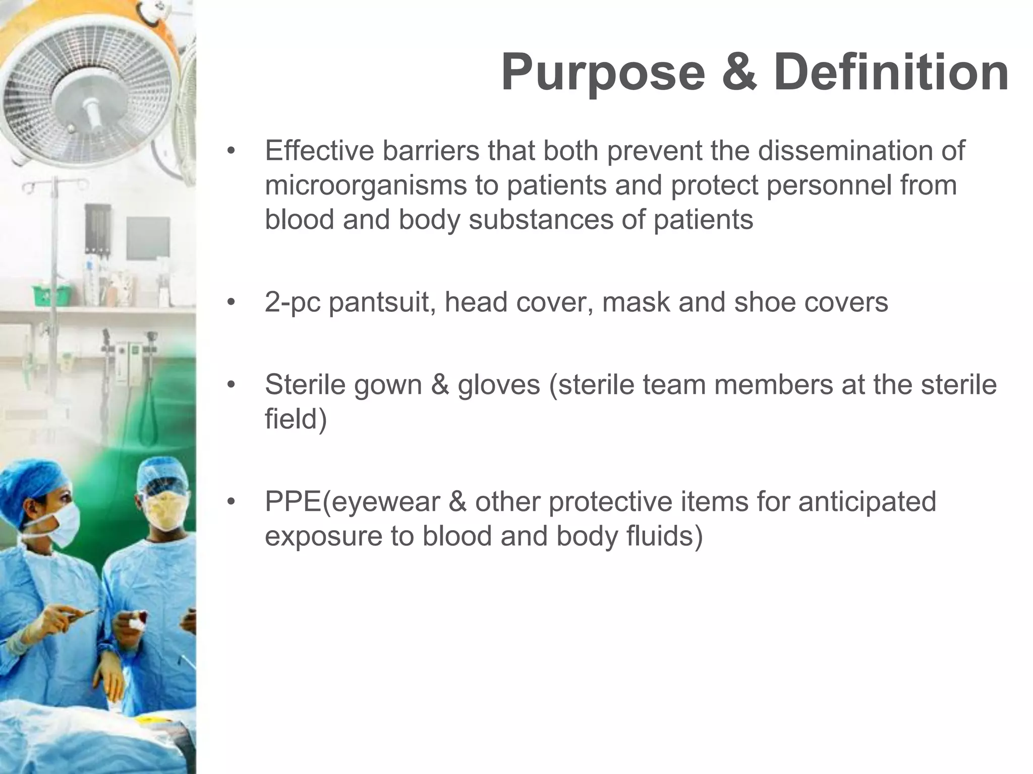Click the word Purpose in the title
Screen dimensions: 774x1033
tap(602, 74)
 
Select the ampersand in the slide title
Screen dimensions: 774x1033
tap(738, 74)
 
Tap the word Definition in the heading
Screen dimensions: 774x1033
tap(891, 74)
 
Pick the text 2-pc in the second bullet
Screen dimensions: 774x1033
tap(293, 302)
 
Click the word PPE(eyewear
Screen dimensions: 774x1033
tap(353, 502)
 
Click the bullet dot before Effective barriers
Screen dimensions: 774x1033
tap(231, 151)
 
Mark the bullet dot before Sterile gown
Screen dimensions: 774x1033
tap(231, 385)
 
